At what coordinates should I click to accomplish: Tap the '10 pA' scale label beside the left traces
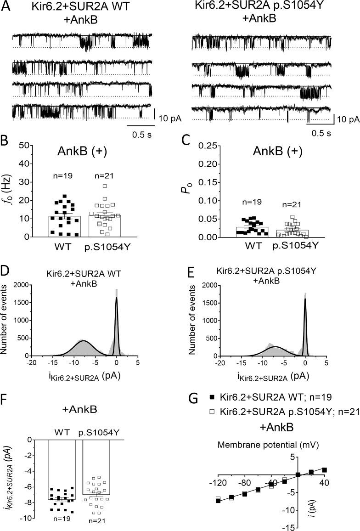click(x=170, y=118)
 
